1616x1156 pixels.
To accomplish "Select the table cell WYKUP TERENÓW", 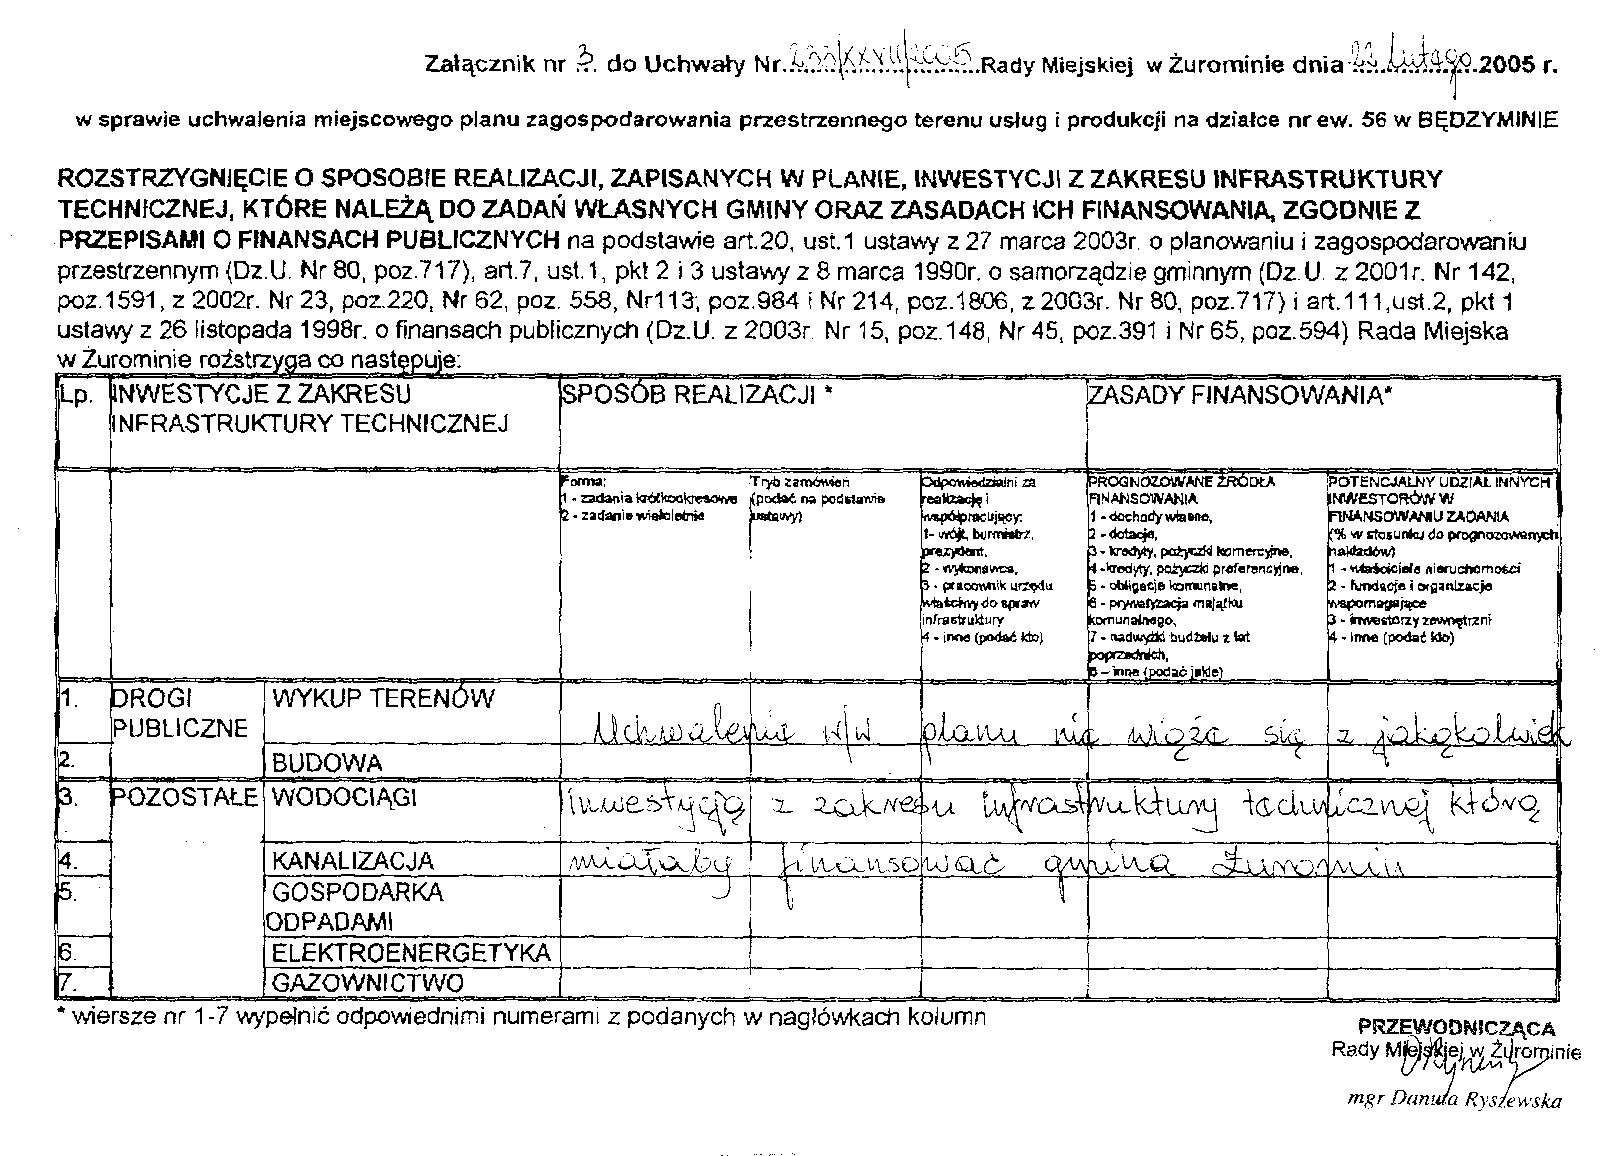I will click(383, 699).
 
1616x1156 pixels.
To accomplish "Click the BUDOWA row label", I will click(327, 763).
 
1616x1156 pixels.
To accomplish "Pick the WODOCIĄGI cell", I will click(344, 798).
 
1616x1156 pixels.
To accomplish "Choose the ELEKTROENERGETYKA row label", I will click(410, 952).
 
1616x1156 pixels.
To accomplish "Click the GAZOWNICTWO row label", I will click(367, 983).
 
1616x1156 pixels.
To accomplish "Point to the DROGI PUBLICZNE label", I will click(179, 713).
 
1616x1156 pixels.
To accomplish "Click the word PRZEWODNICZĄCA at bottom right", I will click(1456, 1028).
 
